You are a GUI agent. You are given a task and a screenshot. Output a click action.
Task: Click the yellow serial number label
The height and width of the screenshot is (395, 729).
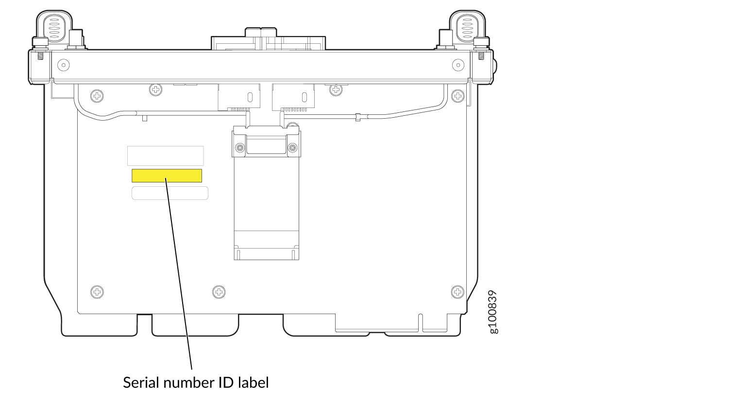pos(167,176)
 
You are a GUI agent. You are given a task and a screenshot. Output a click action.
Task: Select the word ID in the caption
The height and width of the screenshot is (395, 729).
pos(226,383)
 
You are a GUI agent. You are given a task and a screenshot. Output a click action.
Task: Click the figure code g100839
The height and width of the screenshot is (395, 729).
pos(493,312)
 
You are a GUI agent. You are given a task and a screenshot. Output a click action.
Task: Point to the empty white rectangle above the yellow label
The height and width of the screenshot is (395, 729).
pos(165,156)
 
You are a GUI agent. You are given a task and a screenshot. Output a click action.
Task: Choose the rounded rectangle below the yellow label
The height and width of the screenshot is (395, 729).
pos(170,193)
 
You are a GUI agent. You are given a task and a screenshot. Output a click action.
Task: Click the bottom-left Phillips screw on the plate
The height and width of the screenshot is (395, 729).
pos(97,292)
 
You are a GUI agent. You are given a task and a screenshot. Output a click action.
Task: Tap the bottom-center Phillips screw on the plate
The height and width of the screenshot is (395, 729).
pos(219,292)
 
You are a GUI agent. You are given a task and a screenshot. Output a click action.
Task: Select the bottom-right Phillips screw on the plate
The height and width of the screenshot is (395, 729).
pos(458,292)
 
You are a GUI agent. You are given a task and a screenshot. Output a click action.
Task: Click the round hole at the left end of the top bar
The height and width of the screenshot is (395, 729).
pos(64,65)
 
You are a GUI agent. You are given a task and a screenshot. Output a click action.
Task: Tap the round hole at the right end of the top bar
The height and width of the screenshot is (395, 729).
pos(458,65)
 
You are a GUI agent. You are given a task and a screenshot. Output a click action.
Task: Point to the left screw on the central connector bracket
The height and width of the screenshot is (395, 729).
pos(240,147)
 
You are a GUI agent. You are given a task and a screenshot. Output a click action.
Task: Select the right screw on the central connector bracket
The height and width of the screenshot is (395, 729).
pos(292,147)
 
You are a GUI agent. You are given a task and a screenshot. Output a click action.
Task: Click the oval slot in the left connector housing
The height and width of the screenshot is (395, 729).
pos(250,97)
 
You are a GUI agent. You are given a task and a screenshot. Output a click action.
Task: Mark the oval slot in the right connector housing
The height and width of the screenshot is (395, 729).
pos(305,97)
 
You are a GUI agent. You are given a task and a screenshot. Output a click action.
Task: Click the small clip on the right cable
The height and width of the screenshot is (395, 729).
pos(357,117)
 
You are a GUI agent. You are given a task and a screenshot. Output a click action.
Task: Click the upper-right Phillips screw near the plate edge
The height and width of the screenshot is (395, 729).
pos(458,96)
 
